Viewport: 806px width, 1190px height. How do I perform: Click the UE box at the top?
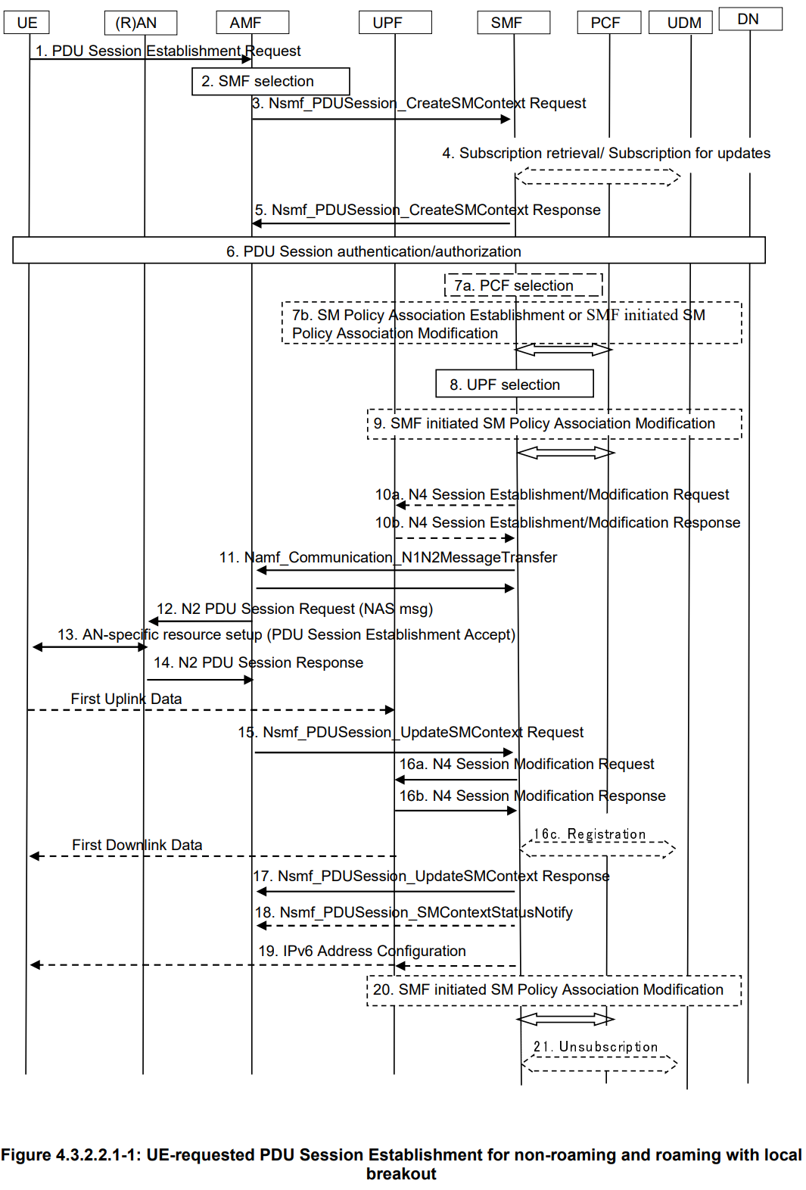click(27, 23)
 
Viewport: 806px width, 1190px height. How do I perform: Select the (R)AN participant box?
click(140, 23)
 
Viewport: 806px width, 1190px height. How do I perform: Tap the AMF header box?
click(252, 23)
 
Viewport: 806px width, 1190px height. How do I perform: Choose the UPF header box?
click(395, 23)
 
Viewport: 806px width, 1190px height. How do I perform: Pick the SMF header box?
click(513, 23)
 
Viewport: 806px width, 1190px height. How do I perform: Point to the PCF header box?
click(608, 23)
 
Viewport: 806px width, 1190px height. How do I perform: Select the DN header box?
click(750, 19)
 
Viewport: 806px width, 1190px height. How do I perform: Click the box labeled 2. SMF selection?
click(270, 81)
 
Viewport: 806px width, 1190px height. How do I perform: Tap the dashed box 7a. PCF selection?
click(523, 285)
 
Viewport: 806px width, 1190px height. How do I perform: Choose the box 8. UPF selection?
click(514, 384)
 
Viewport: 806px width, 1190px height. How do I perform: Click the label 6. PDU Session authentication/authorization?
click(374, 251)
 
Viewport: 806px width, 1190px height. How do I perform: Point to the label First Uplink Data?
click(126, 699)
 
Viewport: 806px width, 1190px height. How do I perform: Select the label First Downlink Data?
click(137, 845)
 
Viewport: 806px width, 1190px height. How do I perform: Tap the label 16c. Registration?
click(590, 834)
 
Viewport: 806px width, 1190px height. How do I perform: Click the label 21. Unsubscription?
click(596, 1047)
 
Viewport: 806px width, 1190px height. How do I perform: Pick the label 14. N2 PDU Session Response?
click(258, 662)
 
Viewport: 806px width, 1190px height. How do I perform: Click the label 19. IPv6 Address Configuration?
click(362, 951)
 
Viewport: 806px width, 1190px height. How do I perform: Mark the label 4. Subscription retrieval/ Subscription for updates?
click(606, 153)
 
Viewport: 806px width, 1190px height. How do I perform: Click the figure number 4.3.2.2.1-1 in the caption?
click(98, 1155)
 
